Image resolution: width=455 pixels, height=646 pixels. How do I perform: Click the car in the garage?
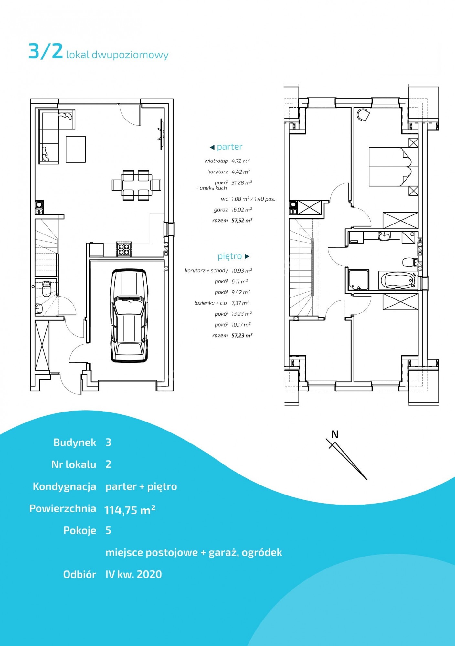pyautogui.click(x=129, y=316)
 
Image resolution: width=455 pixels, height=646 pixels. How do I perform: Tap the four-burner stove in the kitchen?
pyautogui.click(x=124, y=249)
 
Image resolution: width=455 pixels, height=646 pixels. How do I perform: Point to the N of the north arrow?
pyautogui.click(x=335, y=434)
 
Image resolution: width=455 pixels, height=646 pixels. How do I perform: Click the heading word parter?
pyautogui.click(x=230, y=147)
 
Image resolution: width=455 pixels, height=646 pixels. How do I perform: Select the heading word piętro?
pyautogui.click(x=230, y=256)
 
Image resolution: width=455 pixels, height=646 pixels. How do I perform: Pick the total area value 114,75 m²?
pyautogui.click(x=130, y=510)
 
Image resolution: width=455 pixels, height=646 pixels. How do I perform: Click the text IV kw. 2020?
pyautogui.click(x=133, y=574)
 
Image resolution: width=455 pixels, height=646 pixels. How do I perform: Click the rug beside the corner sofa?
pyautogui.click(x=76, y=149)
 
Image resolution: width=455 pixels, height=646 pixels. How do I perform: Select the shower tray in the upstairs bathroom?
pyautogui.click(x=358, y=280)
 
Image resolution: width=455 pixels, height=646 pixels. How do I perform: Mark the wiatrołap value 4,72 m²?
pyautogui.click(x=240, y=161)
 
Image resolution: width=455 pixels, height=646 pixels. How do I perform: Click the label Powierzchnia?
pyautogui.click(x=63, y=508)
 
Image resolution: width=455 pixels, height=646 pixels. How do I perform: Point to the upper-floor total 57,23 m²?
pyautogui.click(x=242, y=335)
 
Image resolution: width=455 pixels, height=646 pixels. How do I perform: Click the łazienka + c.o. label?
pyautogui.click(x=211, y=303)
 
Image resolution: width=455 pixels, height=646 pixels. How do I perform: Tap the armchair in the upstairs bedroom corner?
pyautogui.click(x=363, y=115)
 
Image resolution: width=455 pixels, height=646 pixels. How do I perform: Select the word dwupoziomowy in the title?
pyautogui.click(x=130, y=55)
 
